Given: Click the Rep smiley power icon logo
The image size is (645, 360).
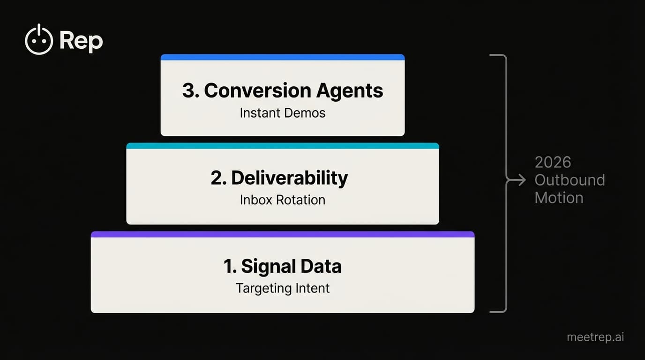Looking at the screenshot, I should pos(38,40).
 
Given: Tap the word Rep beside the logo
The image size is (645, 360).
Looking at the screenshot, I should pos(81,41).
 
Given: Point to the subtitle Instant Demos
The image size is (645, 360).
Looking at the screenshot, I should pos(282,113).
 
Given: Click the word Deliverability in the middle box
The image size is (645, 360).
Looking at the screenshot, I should pos(289,178).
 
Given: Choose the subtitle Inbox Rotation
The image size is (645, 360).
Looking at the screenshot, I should pos(282,200).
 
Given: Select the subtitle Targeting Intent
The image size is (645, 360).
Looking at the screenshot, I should pos(283,288).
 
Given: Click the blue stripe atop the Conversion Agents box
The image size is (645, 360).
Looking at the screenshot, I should pos(282,57).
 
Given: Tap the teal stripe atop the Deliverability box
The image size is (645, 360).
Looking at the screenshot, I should pos(282,146).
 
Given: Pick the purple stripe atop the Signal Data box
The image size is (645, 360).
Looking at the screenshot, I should pos(282,234).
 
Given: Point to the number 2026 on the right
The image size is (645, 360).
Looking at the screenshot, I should pos(553,163).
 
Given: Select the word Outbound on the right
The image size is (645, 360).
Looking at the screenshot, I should pos(570,180).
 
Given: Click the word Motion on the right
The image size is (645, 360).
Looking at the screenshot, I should pos(559,198).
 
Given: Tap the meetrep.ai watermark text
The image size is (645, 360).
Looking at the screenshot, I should pos(595,337).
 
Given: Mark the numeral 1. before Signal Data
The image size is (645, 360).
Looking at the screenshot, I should pos(230,266).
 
